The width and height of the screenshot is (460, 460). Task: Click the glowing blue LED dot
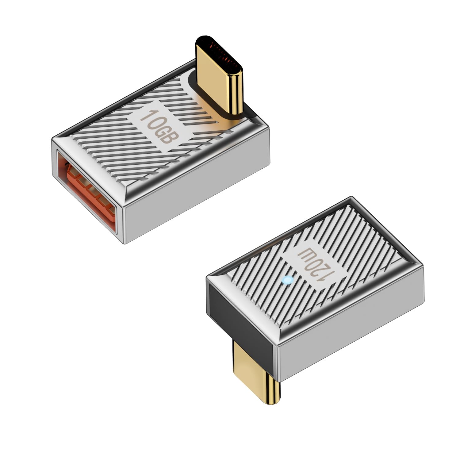(x=287, y=280)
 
